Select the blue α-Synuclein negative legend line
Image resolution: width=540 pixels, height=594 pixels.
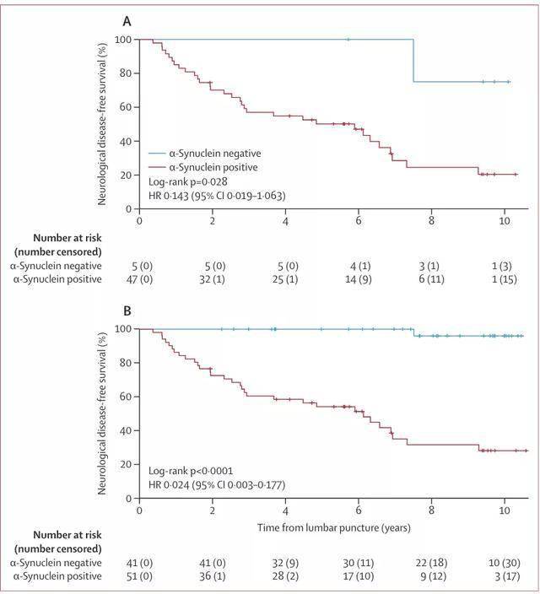tap(165, 154)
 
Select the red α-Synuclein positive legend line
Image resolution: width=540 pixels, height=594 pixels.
tap(165, 167)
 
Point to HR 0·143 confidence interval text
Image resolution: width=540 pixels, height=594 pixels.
tap(216, 196)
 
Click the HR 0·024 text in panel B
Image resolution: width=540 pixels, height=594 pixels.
tap(216, 485)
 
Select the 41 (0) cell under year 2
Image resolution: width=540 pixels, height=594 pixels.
tap(213, 562)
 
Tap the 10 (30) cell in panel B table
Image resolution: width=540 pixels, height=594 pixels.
tap(505, 562)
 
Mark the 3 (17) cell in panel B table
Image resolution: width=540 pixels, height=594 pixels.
tap(505, 576)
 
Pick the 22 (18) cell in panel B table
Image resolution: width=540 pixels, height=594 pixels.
tap(431, 562)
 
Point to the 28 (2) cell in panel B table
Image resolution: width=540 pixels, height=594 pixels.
tap(286, 576)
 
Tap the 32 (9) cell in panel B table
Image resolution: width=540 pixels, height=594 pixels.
tap(286, 562)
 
